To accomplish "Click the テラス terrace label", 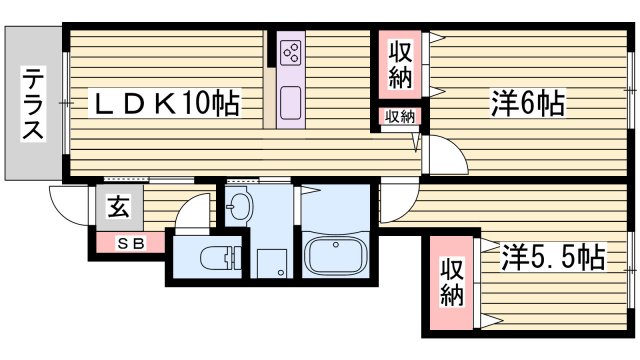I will [33, 104].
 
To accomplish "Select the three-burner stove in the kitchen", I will [292, 51].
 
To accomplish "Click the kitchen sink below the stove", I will [292, 102].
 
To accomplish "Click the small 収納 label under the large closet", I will [400, 117].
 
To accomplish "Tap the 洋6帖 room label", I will [527, 103].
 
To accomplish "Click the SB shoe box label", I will [131, 242].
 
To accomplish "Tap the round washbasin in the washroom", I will [240, 207].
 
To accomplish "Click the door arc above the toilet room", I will [186, 212].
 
